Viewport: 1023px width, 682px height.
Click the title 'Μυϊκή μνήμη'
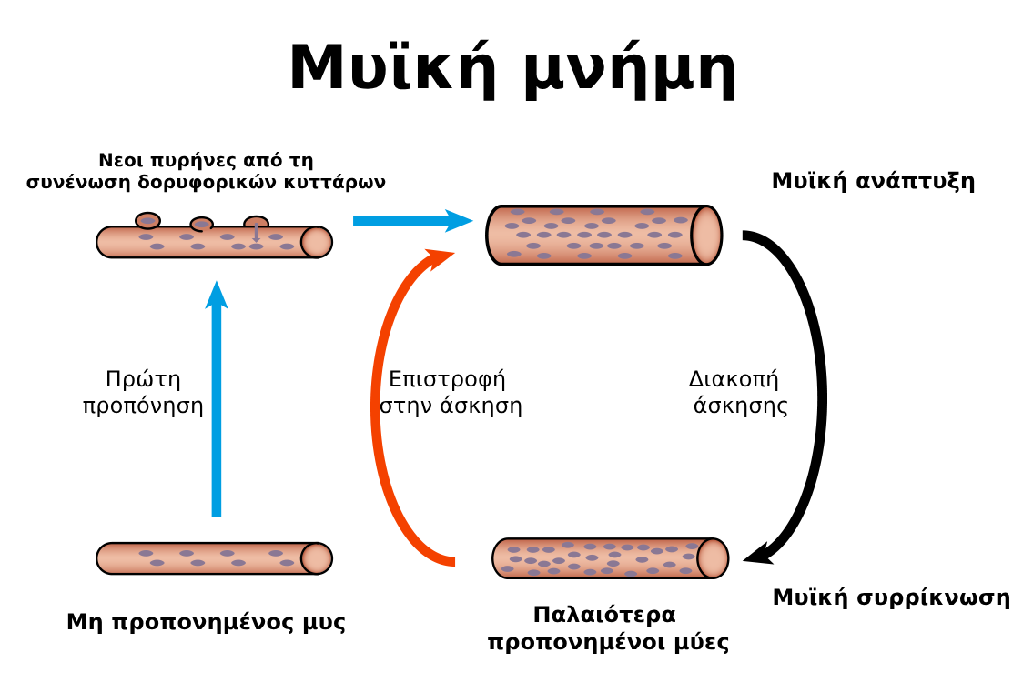click(x=511, y=69)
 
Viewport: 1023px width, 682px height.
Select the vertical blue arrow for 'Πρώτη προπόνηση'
click(x=216, y=400)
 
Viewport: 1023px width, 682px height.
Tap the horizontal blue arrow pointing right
click(x=411, y=220)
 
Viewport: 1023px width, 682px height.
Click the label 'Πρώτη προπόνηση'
click(x=143, y=392)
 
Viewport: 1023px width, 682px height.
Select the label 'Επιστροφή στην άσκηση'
click(x=451, y=392)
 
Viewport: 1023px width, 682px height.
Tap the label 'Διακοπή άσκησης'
click(x=738, y=392)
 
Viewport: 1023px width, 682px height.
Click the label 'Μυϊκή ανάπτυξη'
click(x=873, y=181)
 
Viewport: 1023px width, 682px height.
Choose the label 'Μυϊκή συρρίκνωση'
click(x=891, y=597)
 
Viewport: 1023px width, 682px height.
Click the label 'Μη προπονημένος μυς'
click(x=207, y=623)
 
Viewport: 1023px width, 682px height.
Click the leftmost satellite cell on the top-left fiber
click(x=147, y=220)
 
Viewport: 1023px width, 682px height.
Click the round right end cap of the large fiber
click(x=706, y=235)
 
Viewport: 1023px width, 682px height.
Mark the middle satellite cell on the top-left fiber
click(x=201, y=224)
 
